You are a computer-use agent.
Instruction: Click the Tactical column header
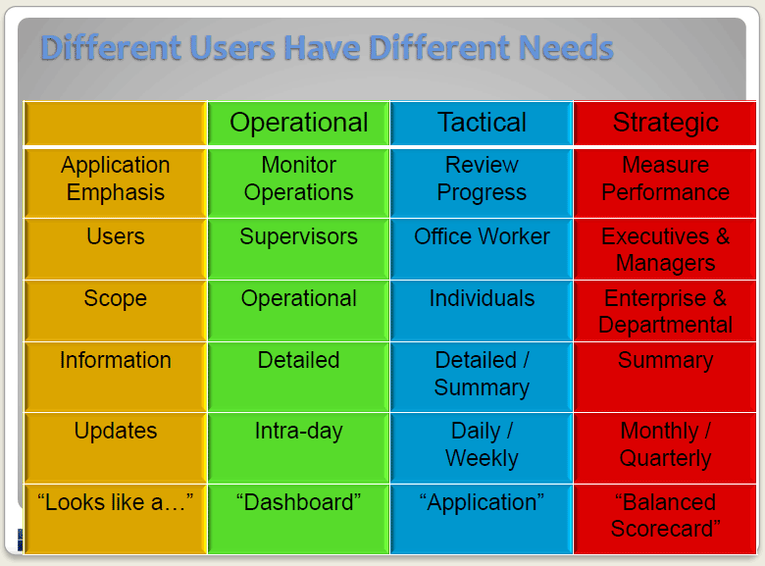[482, 123]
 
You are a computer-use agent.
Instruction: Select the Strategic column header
[665, 123]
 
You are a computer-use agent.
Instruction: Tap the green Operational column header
[298, 123]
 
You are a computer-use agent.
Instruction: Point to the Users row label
[116, 249]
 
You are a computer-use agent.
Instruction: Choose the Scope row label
[116, 311]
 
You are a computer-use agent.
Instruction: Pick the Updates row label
[116, 447]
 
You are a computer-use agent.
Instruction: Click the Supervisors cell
[298, 249]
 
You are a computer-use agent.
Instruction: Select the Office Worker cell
[482, 249]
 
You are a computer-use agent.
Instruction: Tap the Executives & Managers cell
[665, 249]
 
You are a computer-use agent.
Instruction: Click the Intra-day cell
[298, 447]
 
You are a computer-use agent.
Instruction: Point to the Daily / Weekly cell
[482, 447]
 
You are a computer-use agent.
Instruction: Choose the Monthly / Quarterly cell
[665, 447]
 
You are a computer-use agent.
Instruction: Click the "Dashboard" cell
[298, 519]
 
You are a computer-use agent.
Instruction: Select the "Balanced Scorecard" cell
[665, 519]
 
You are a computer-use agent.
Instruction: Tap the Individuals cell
[482, 311]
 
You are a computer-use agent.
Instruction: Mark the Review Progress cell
[482, 183]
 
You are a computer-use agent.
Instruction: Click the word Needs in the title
[566, 48]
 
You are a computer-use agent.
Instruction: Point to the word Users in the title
[232, 48]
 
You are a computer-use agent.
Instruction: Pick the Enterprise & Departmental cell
[665, 311]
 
